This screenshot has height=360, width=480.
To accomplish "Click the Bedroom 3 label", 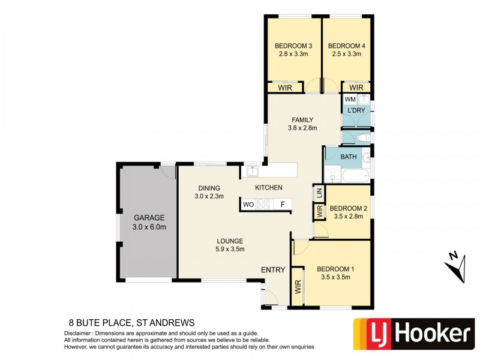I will (294, 46).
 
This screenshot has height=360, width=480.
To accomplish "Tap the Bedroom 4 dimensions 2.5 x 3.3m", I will (346, 54).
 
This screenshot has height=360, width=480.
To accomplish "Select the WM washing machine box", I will (350, 99).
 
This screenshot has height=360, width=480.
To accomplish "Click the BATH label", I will (349, 157).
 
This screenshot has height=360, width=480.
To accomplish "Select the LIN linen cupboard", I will (319, 193).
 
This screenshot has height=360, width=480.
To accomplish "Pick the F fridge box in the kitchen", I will (282, 205).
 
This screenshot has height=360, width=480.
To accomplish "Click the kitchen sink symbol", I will (253, 171).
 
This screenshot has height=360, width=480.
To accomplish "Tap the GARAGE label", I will (149, 218).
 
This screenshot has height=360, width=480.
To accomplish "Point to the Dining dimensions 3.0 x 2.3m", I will (209, 196).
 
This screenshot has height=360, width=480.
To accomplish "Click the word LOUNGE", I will (230, 241).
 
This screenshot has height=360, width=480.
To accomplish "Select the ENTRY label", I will (273, 271).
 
